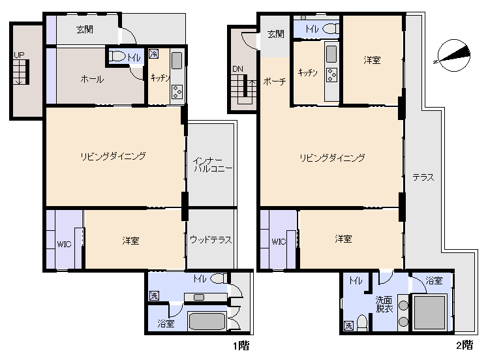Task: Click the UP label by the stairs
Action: (x=19, y=55)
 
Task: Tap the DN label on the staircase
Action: (x=237, y=68)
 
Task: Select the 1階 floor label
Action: (x=241, y=345)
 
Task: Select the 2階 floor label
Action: (x=465, y=345)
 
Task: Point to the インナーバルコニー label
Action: (x=213, y=165)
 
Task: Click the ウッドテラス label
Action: (x=211, y=239)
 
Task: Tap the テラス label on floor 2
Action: (x=423, y=177)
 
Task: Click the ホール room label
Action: (x=92, y=79)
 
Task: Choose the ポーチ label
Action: (x=275, y=82)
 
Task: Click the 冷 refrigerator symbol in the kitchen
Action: (x=153, y=54)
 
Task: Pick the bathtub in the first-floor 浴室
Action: (x=207, y=322)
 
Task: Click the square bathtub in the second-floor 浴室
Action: (x=429, y=312)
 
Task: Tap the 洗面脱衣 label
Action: (x=384, y=305)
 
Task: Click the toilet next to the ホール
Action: (x=117, y=57)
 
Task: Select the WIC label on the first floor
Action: (x=64, y=245)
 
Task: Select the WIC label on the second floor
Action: (x=279, y=242)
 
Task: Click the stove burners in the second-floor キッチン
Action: (x=331, y=75)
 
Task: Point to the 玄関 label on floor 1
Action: (x=85, y=29)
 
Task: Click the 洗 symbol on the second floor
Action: (x=348, y=326)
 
